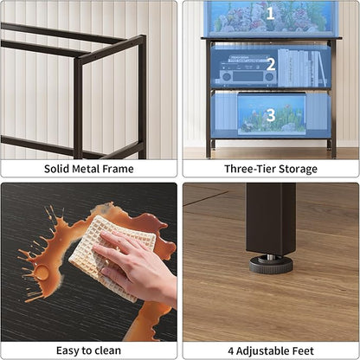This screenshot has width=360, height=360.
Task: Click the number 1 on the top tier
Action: coord(270,13)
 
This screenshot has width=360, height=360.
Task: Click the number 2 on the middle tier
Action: coord(271,63)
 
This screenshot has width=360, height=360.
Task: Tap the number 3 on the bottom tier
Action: coord(271,114)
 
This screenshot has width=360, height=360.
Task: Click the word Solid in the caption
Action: coord(60,169)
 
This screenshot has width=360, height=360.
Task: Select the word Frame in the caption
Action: coord(119,169)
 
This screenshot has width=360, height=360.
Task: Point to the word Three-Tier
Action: coord(252,169)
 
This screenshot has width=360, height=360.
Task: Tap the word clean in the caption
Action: coord(106,350)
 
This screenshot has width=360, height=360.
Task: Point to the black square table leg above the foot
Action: coord(270,217)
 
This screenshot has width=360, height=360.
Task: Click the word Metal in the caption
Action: coord(89,169)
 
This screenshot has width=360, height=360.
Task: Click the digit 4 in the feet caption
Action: coord(231,350)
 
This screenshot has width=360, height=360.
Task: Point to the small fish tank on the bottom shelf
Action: coord(270,116)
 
